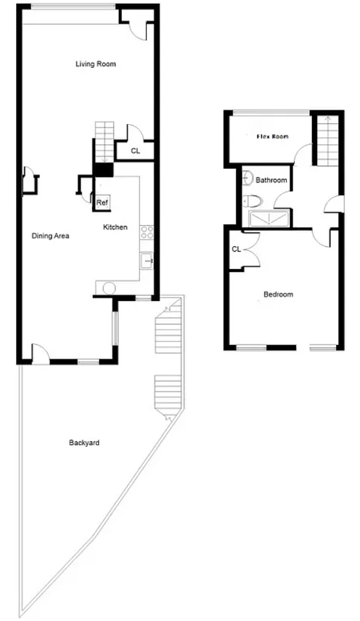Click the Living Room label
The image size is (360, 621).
point(96,64)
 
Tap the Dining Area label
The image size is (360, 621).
point(50,236)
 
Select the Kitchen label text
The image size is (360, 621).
point(115,227)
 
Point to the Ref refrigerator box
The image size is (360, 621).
point(102,203)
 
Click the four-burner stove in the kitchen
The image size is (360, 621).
point(147,232)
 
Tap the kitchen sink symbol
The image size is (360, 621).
point(147,261)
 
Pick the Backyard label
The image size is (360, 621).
point(84,443)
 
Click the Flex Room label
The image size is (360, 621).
point(272,137)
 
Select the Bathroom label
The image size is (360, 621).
point(271,180)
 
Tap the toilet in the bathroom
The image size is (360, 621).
point(252,201)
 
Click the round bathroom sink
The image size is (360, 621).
point(247,178)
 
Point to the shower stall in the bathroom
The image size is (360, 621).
point(269,219)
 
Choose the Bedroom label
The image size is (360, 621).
point(278,294)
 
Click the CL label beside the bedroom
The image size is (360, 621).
point(237,250)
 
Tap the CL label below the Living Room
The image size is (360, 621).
point(136,151)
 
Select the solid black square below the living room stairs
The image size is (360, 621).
point(104,170)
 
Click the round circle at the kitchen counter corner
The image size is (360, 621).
point(109,288)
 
